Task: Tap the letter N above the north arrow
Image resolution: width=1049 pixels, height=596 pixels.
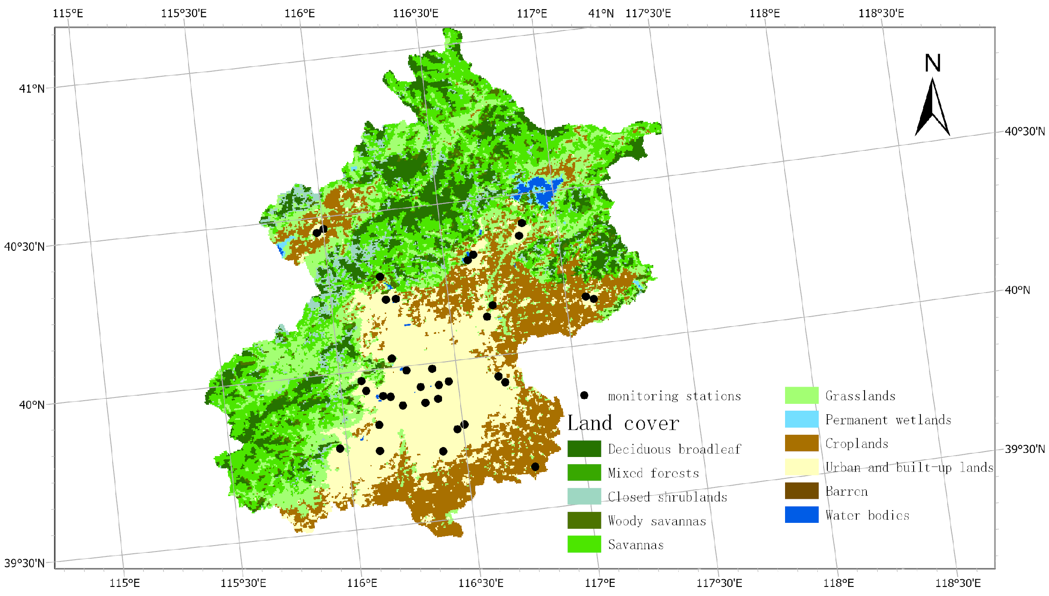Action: [932, 63]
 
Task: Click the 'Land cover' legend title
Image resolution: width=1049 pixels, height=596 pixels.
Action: [623, 423]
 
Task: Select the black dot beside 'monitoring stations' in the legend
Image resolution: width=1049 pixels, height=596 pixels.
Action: [584, 395]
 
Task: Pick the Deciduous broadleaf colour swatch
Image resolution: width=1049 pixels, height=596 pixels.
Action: [584, 449]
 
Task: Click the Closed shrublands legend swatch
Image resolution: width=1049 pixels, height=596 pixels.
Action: [584, 497]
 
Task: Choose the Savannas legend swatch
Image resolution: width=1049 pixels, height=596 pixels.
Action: [584, 544]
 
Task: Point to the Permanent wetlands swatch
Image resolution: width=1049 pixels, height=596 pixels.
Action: [801, 419]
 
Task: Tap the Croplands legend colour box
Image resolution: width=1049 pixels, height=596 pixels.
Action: [801, 443]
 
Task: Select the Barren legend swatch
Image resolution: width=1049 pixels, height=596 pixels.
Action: [801, 491]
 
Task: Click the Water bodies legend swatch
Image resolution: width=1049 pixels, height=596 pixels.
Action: [801, 515]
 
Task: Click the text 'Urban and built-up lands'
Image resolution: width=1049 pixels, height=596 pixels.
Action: [909, 467]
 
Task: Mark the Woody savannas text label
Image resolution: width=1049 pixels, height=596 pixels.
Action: [657, 521]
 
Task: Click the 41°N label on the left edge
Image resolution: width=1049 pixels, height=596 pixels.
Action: [32, 89]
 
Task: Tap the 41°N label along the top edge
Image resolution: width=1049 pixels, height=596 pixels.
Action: [601, 13]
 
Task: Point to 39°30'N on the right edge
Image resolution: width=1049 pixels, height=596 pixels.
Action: [1024, 449]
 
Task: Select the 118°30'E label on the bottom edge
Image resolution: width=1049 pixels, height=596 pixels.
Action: [957, 583]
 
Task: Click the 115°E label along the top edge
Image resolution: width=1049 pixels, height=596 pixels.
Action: [68, 13]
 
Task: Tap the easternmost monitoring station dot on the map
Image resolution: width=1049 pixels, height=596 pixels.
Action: [593, 298]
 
